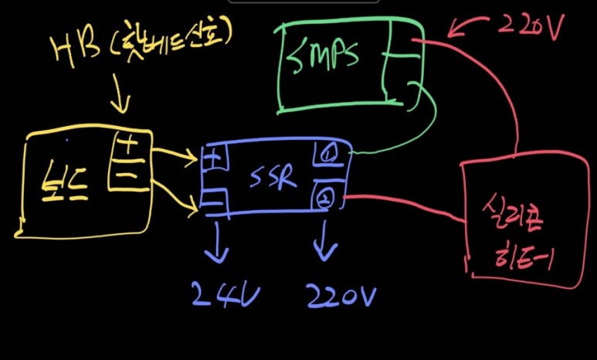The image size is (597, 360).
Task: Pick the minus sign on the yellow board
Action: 129,175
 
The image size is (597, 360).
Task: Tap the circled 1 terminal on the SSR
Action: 325,155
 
